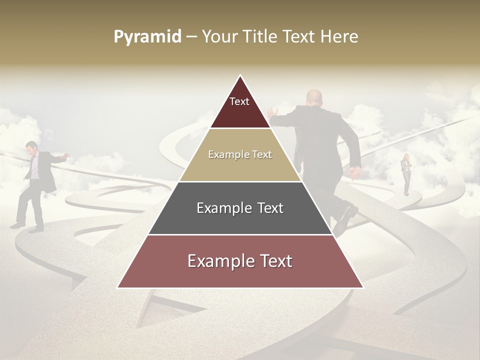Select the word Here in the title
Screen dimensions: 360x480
pyautogui.click(x=339, y=37)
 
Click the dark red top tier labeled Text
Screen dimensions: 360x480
pyautogui.click(x=240, y=107)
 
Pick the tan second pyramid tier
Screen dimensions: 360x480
pyautogui.click(x=240, y=165)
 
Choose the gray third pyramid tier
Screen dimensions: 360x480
pyautogui.click(x=240, y=220)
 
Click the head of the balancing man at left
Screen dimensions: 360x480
pyautogui.click(x=32, y=147)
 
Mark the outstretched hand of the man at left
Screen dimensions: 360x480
pyautogui.click(x=63, y=157)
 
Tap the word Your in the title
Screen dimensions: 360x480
pyautogui.click(x=219, y=37)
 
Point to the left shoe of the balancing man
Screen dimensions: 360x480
pyautogui.click(x=17, y=225)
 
